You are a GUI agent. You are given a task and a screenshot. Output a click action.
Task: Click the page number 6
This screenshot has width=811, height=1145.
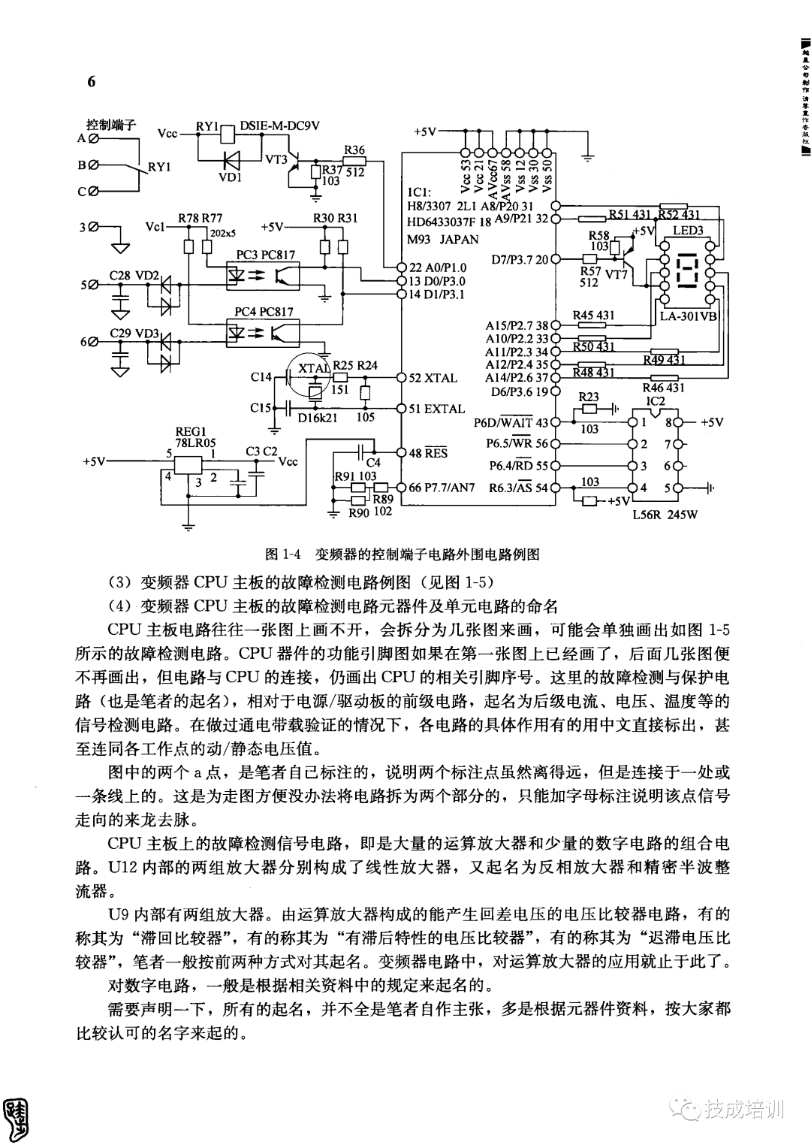pyautogui.click(x=92, y=82)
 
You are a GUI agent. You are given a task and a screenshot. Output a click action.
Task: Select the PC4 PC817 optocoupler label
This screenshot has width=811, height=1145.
pyautogui.click(x=264, y=312)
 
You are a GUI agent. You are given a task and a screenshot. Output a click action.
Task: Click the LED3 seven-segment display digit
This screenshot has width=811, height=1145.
pyautogui.click(x=687, y=271)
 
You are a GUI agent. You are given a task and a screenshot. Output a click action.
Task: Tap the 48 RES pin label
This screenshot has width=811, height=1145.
pyautogui.click(x=428, y=453)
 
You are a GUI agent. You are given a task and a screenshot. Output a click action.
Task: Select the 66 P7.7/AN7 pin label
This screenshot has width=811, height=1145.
pyautogui.click(x=442, y=487)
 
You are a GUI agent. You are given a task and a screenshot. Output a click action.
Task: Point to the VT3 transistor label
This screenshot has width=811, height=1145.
pyautogui.click(x=276, y=159)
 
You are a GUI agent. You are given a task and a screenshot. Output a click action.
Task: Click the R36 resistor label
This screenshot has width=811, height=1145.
pyautogui.click(x=353, y=150)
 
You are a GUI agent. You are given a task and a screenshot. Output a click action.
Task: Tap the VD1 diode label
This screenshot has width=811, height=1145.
pyautogui.click(x=230, y=177)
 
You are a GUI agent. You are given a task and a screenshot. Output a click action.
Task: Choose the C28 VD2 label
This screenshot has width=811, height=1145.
pyautogui.click(x=134, y=276)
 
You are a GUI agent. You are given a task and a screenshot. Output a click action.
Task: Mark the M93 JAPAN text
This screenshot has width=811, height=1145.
pyautogui.click(x=442, y=240)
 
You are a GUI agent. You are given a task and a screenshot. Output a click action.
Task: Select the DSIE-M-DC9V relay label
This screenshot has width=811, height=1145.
pyautogui.click(x=279, y=125)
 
